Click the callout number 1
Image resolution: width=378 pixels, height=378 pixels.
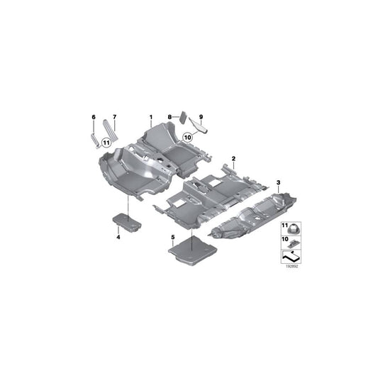pos(150,116)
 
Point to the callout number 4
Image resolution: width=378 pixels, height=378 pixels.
pos(118,237)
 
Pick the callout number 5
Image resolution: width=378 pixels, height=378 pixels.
pos(172,235)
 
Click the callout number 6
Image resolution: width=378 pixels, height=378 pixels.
pos(92,116)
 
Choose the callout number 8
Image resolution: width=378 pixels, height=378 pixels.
pos(169,116)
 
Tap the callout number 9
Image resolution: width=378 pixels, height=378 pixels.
pos(201,116)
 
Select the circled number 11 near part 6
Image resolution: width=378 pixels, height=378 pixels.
pos(106,142)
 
